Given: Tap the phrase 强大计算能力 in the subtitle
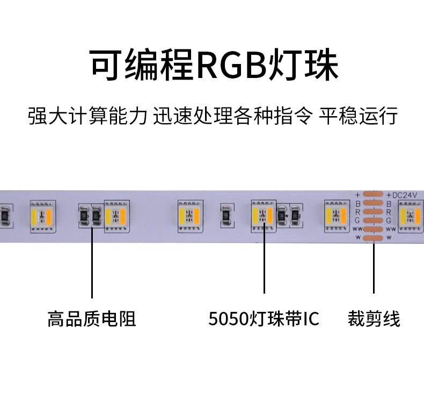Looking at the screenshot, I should (x=87, y=116).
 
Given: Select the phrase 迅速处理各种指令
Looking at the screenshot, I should (x=232, y=116).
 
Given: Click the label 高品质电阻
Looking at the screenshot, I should (x=91, y=319).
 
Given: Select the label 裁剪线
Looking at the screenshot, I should (x=374, y=319).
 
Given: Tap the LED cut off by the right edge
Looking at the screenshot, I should (x=412, y=216).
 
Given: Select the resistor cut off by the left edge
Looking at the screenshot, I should (x=3, y=216).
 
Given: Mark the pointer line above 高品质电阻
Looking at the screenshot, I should (x=92, y=263).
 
